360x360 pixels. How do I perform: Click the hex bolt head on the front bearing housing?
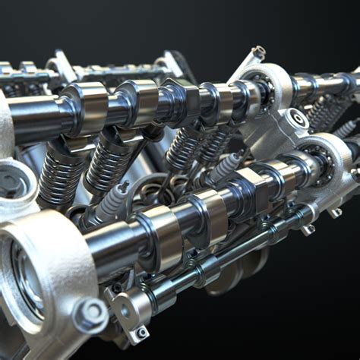click(x=91, y=312)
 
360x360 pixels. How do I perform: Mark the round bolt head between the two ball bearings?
click(x=297, y=118)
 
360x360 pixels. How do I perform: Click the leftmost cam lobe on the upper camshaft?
click(x=84, y=106)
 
